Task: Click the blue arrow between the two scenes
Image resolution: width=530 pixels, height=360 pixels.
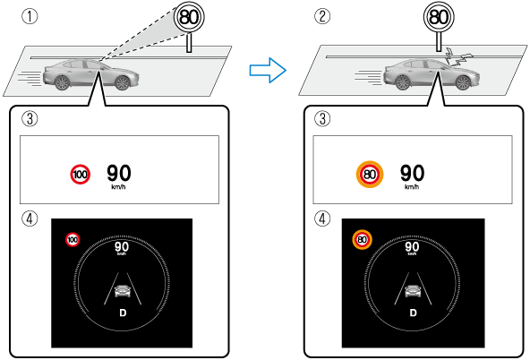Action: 268,71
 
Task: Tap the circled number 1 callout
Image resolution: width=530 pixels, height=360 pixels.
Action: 30,16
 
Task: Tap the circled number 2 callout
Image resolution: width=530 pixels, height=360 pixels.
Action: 322,16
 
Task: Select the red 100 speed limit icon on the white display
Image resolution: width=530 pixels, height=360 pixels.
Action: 80,175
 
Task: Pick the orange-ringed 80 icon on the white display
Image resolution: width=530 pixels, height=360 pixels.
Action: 370,175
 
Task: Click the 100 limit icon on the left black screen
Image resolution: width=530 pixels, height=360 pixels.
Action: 73,240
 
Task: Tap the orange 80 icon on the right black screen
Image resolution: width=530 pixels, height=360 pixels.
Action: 363,240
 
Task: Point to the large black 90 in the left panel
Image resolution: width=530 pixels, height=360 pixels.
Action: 119,173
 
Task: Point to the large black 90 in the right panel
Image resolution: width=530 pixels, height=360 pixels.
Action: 412,173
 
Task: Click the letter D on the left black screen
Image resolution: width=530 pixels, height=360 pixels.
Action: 123,313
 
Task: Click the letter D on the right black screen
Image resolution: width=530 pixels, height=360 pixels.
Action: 413,313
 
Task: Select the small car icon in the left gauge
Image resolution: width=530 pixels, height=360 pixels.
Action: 123,291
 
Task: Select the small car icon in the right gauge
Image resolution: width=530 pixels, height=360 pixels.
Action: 413,291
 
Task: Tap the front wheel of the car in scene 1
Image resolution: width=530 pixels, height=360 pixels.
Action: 123,82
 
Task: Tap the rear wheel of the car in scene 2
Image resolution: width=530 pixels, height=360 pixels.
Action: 402,82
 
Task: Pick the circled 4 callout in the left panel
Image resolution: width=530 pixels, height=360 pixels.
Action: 30,219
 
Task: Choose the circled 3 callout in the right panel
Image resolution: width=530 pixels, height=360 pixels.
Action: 322,118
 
